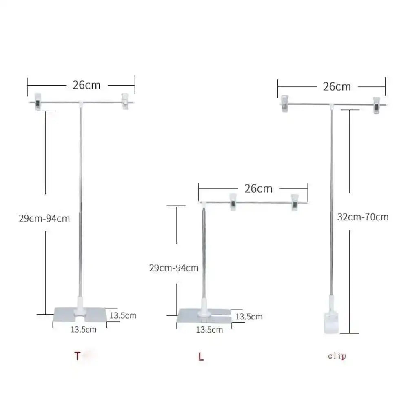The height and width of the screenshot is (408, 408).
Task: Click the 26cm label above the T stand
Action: coord(86,85)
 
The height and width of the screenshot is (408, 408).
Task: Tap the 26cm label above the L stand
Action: coord(258,188)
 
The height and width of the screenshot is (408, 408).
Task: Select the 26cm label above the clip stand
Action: coord(337,86)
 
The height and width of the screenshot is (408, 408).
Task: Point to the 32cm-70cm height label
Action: coord(363,217)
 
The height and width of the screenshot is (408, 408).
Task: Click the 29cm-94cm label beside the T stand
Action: coord(44,218)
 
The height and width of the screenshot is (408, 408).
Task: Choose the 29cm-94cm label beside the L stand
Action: coord(174,268)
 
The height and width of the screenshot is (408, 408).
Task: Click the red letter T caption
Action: coord(77,356)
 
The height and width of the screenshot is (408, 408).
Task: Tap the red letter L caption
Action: coord(201,357)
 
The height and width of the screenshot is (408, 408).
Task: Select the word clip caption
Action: coord(337,356)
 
